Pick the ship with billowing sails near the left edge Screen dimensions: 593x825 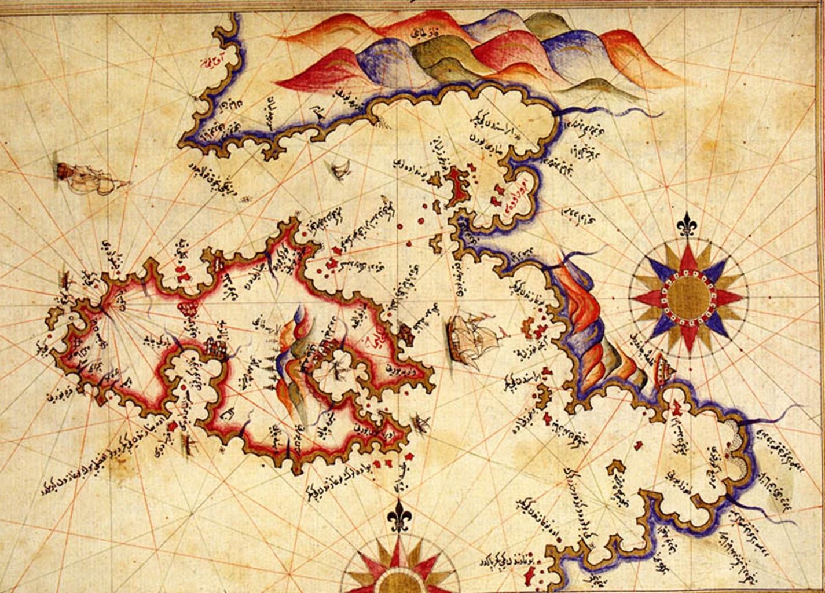click(x=87, y=176)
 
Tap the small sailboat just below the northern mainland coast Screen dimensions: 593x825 click(x=340, y=169)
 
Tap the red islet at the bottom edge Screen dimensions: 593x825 click(x=529, y=577)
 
